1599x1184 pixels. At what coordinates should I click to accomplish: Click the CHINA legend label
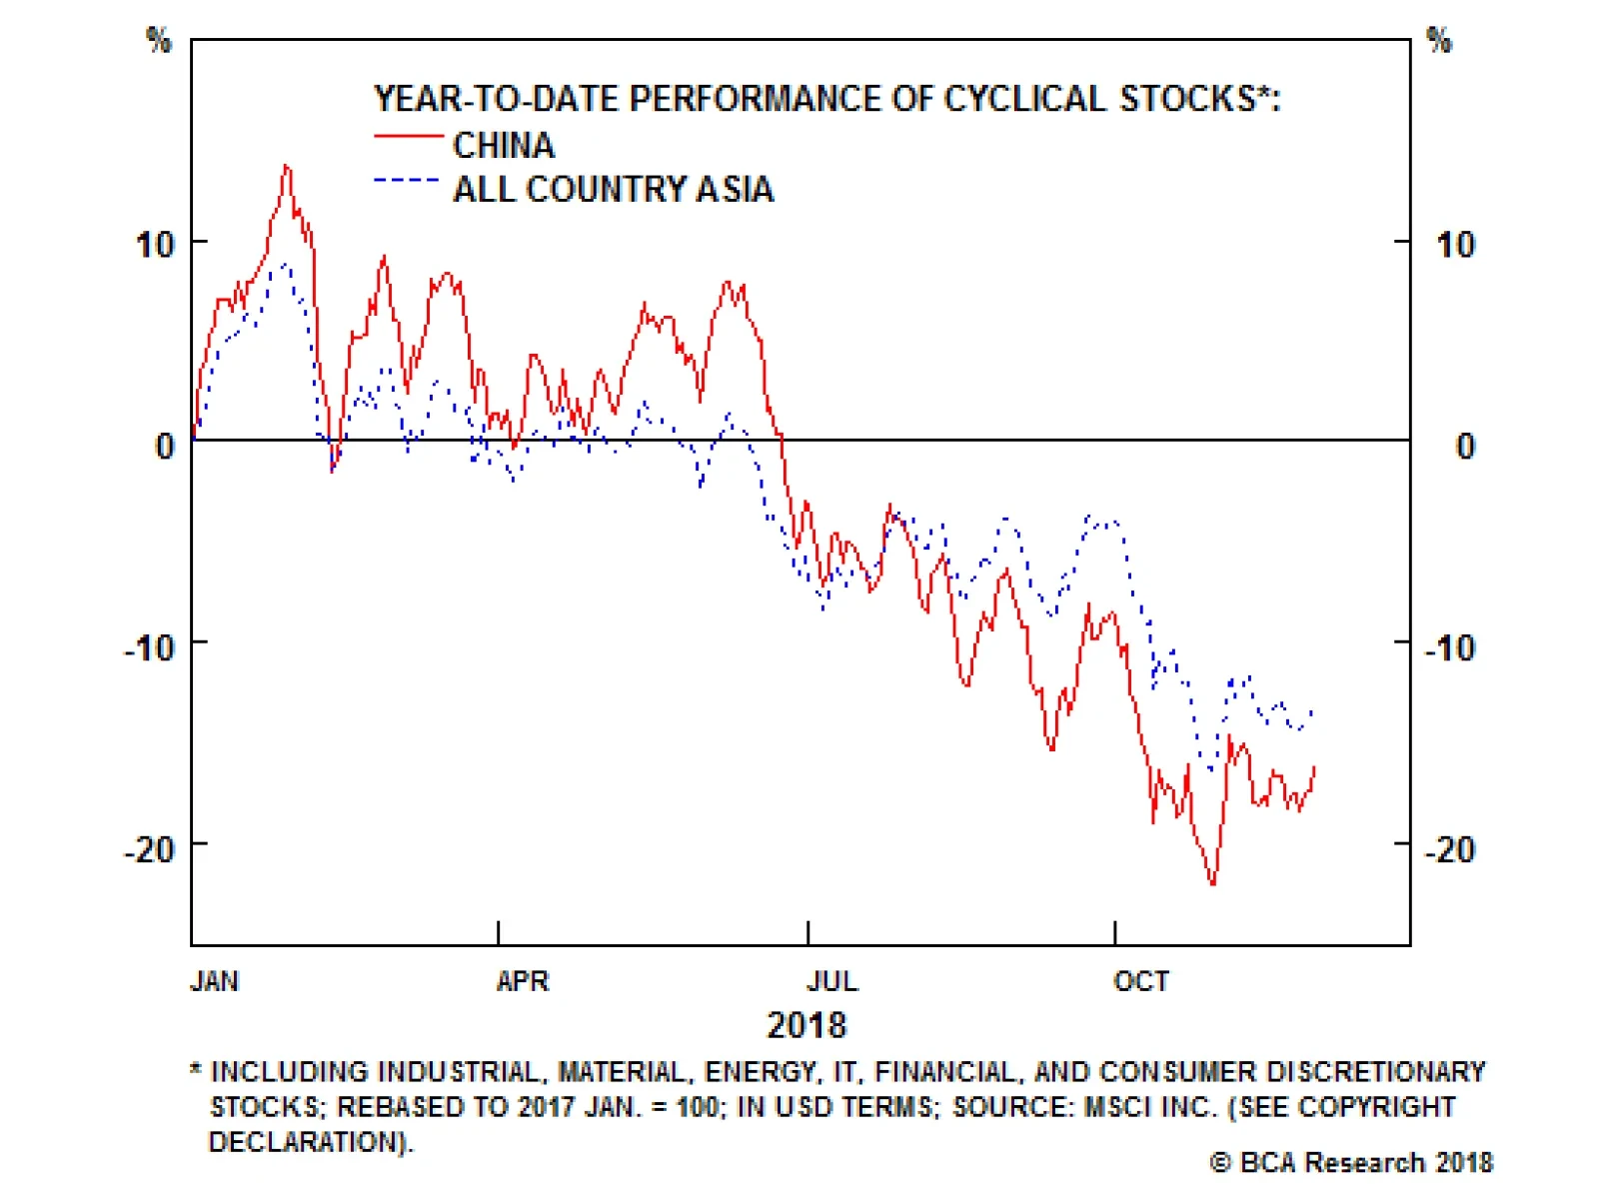click(x=503, y=146)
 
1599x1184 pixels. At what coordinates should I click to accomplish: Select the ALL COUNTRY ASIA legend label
click(x=613, y=190)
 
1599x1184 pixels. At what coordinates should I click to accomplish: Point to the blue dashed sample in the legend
click(x=406, y=181)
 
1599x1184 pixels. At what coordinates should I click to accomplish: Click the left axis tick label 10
click(x=155, y=245)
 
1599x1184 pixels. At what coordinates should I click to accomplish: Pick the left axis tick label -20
click(x=150, y=850)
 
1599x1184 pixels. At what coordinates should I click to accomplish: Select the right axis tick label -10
click(x=1450, y=648)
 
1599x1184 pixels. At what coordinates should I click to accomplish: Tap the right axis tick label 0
click(x=1465, y=447)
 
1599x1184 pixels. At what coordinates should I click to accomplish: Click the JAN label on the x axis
click(x=214, y=981)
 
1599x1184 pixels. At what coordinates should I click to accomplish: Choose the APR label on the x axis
click(x=523, y=981)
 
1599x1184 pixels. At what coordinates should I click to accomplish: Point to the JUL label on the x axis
click(x=832, y=981)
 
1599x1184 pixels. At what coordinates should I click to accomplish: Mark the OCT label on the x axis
click(x=1141, y=981)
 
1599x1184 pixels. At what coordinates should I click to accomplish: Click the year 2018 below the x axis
click(x=805, y=1025)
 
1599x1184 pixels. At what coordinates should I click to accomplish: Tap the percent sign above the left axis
click(x=159, y=41)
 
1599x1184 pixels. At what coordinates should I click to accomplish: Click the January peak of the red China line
click(x=287, y=166)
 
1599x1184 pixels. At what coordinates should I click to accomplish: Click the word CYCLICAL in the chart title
click(x=1024, y=99)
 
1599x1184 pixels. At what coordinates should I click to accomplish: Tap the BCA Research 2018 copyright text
click(x=1351, y=1163)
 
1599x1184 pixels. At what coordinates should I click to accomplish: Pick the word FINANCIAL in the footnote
click(x=944, y=1072)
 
